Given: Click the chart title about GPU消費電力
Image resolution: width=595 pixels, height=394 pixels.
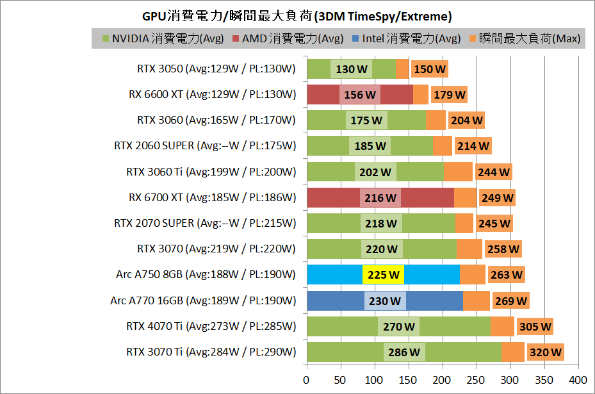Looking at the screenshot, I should tap(297, 15).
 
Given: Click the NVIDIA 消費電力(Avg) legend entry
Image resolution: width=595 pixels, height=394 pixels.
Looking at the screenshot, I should tap(163, 38).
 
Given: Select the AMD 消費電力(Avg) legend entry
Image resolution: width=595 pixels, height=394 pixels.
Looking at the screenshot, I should tap(292, 38).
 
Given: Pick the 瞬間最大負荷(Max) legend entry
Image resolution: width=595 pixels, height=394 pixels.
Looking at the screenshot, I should tap(525, 38).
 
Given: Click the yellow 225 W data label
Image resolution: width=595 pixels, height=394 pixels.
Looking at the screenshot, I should tap(383, 275).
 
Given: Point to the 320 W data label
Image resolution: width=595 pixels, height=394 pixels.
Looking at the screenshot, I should tap(546, 352).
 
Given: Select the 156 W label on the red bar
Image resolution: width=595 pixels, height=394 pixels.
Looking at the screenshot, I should tap(360, 95).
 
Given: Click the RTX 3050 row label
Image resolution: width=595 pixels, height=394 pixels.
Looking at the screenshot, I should tap(216, 69).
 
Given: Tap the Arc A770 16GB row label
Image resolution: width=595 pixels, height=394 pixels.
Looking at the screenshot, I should tap(203, 300).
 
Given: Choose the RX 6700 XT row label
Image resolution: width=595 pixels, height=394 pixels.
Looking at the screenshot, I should tap(212, 197).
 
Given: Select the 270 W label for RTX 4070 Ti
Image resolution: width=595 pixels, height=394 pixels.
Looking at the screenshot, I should tap(398, 327).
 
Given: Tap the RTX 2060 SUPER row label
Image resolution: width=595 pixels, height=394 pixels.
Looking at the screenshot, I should tap(205, 145).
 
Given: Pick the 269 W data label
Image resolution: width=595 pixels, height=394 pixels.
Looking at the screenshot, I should tap(511, 301).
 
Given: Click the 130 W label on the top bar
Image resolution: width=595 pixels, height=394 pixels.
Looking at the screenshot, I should tap(352, 69).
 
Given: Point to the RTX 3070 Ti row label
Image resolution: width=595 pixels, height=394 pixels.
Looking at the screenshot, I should tap(211, 352).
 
